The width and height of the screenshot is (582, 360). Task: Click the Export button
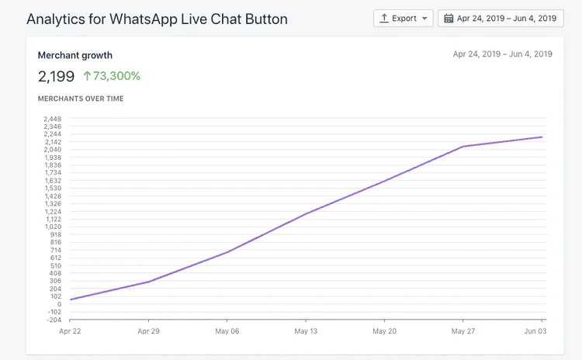(x=403, y=18)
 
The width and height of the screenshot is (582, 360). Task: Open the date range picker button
(x=501, y=18)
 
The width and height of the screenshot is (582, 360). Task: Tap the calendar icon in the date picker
(x=449, y=18)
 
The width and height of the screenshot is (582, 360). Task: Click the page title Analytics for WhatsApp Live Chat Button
(x=157, y=19)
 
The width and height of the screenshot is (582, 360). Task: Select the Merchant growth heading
(x=75, y=55)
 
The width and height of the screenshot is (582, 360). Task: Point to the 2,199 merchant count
(x=56, y=76)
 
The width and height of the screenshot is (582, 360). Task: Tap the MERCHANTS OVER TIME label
(x=81, y=99)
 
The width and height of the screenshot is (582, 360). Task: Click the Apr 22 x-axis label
(x=70, y=331)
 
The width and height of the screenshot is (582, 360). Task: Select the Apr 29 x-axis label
(x=149, y=331)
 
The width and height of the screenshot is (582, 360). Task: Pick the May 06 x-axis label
(x=227, y=331)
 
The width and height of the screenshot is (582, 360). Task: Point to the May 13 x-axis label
(x=306, y=331)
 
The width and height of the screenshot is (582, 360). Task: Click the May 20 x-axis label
(x=384, y=331)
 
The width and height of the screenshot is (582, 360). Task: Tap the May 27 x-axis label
(x=462, y=331)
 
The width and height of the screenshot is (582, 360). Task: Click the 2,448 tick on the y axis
(x=53, y=119)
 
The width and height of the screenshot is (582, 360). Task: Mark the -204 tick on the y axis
(x=53, y=320)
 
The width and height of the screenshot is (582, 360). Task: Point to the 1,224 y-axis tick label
(x=53, y=212)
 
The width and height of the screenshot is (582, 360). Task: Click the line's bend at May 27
(x=463, y=147)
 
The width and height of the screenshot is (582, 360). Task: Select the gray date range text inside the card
(x=502, y=54)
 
